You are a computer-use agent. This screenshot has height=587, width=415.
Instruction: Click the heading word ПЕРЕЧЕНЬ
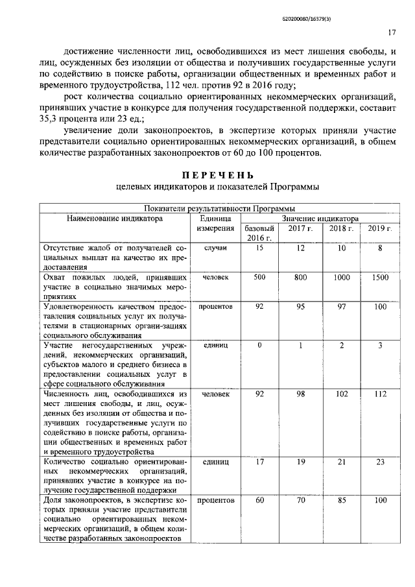coord(218,175)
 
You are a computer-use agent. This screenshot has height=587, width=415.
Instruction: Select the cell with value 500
coord(259,277)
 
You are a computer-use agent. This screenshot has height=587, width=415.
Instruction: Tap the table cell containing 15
coord(259,248)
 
